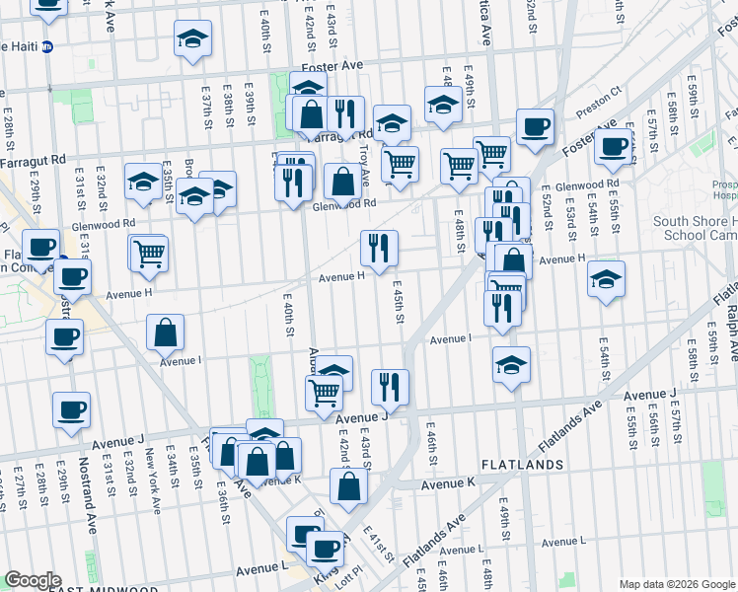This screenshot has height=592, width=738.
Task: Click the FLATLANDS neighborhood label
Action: (522, 464)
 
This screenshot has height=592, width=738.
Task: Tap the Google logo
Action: (33, 580)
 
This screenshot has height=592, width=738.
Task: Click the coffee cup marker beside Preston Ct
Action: (535, 126)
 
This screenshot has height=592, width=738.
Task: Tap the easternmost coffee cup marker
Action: (613, 147)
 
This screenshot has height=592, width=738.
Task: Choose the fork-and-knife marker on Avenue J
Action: (391, 387)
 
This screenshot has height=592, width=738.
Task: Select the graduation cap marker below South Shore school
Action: (607, 279)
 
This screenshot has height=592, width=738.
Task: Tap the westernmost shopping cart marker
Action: (149, 253)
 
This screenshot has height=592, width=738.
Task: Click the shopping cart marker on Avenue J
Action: (325, 392)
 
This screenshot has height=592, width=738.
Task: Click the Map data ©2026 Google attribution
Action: (677, 584)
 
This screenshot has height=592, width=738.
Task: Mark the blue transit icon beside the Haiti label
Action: (47, 46)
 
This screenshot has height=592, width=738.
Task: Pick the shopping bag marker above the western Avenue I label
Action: (166, 333)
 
